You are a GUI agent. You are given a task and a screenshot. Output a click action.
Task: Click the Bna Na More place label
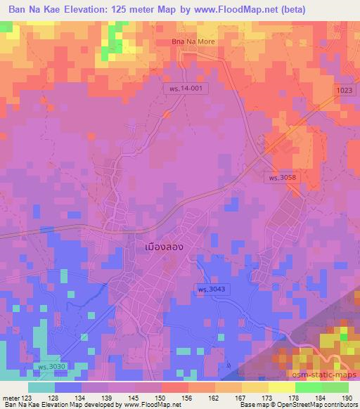coord(193,41)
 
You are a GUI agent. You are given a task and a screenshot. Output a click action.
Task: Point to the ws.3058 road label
coord(284,178)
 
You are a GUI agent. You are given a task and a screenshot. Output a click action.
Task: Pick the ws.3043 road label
coord(210,290)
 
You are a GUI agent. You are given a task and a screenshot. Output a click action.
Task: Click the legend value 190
coord(347,397)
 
